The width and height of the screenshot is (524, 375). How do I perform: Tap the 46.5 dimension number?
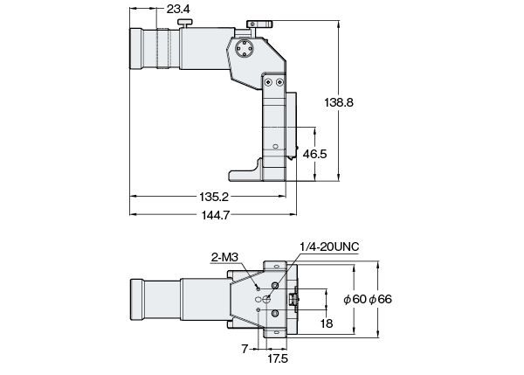314,154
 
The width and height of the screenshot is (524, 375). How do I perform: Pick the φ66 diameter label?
381,298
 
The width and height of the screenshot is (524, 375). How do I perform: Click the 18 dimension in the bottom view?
327,323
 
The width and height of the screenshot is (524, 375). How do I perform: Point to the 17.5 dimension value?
279,358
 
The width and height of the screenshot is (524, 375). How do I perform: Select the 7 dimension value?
244,348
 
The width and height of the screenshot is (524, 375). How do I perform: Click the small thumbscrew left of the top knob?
183,21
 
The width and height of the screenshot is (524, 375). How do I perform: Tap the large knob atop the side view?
260,22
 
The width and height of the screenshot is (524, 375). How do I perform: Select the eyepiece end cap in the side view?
136,49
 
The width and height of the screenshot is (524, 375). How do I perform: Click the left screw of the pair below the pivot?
267,81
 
